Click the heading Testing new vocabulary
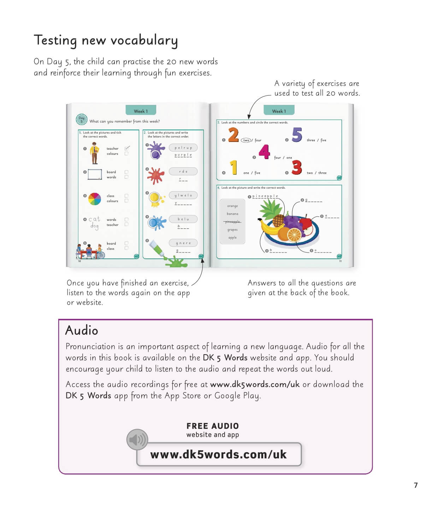(x=106, y=40)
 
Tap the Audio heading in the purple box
(x=82, y=331)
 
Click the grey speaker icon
(x=137, y=440)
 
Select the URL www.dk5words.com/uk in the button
(x=219, y=454)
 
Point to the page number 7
(x=416, y=485)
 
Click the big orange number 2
(x=233, y=135)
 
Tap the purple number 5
(x=297, y=135)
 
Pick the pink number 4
(x=264, y=152)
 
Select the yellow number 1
(x=233, y=167)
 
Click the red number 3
(x=297, y=167)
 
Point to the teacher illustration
(x=94, y=153)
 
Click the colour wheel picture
(x=95, y=199)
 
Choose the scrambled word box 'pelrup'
(x=183, y=148)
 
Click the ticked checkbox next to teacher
(x=127, y=148)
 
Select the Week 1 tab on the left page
(x=141, y=111)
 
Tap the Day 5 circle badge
(x=82, y=120)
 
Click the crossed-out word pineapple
(x=232, y=222)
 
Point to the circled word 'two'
(x=246, y=140)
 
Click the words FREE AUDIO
(x=213, y=426)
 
